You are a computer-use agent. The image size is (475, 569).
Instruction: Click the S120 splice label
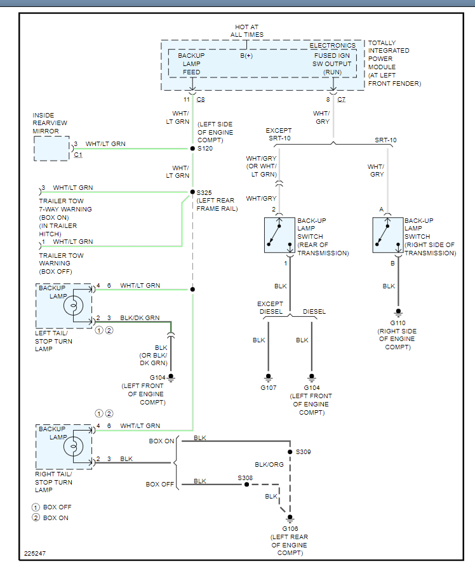tap(204, 148)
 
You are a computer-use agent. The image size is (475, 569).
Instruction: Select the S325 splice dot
tap(192, 191)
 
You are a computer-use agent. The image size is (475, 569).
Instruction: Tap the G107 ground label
tap(267, 387)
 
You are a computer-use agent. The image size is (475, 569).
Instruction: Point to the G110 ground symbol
tap(398, 312)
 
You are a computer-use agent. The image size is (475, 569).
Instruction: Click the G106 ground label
tap(290, 528)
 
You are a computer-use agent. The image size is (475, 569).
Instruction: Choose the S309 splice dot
tap(290, 452)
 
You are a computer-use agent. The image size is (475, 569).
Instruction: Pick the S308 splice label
tap(245, 477)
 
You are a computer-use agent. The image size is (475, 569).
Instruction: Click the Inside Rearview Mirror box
tap(51, 149)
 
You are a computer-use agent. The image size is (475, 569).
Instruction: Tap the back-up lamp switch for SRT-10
tap(389, 235)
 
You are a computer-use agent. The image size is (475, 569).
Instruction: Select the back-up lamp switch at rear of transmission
tap(280, 235)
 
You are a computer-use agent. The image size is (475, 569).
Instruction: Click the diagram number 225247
tap(35, 554)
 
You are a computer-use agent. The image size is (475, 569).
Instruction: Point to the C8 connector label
tap(201, 100)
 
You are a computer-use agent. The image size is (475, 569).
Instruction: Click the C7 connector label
tap(341, 100)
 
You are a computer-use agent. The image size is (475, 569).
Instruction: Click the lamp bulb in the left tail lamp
tap(73, 306)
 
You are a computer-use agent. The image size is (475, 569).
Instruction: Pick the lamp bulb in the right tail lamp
tap(73, 447)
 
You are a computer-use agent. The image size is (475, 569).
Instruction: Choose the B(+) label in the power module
tap(246, 56)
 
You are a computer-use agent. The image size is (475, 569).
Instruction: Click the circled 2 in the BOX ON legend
tap(36, 518)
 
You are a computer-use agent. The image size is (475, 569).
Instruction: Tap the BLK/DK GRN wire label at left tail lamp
tap(140, 318)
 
